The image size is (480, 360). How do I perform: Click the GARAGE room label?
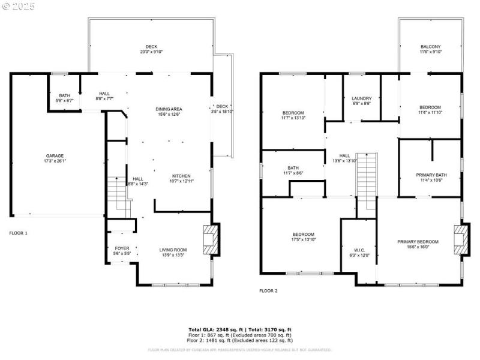click(55, 156)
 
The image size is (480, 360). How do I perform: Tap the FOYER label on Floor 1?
click(122, 248)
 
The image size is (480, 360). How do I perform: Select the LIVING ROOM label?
click(173, 250)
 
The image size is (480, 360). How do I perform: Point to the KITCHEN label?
click(181, 176)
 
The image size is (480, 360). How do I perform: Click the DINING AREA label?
click(169, 109)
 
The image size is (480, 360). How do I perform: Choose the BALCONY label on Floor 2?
click(430, 46)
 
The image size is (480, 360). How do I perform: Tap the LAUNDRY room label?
click(362, 98)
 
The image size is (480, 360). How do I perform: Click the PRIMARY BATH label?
click(430, 175)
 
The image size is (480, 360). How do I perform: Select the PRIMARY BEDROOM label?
click(418, 242)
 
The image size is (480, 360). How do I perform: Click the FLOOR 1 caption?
click(18, 233)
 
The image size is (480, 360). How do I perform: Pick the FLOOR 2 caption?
click(268, 290)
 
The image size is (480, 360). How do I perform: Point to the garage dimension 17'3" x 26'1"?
click(55, 161)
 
